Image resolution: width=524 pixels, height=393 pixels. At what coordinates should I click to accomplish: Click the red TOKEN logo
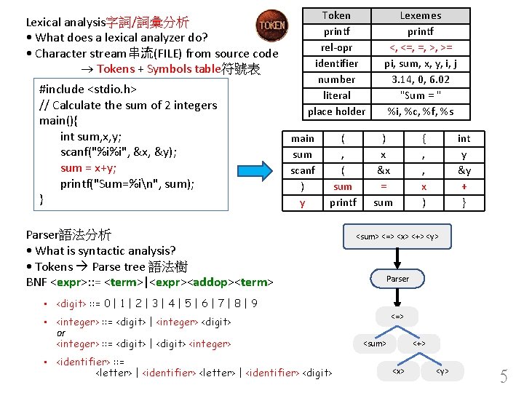pos(273,25)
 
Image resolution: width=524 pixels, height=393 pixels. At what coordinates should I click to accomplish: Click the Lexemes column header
pos(421,15)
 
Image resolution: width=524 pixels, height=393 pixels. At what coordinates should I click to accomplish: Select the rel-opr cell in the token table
pos(336,47)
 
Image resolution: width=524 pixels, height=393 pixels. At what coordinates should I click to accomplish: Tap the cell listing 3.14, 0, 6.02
pos(421,79)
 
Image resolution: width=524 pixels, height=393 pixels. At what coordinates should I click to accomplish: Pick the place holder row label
pos(336,111)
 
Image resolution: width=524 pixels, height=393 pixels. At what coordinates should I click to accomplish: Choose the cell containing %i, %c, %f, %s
pos(421,111)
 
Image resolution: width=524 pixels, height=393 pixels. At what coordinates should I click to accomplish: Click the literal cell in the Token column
pos(336,95)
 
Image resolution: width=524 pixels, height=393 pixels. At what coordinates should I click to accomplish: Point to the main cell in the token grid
pos(303,138)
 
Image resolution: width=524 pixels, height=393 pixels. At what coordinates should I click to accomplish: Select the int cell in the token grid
pos(464,138)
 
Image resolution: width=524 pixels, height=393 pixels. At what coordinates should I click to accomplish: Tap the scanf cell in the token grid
pos(303,170)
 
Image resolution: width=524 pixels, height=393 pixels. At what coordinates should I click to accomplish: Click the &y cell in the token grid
pos(464,170)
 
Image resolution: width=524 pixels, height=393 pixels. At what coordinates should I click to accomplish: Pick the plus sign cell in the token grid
pos(464,186)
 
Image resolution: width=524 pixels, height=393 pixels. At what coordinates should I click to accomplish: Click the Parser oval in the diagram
pos(397,279)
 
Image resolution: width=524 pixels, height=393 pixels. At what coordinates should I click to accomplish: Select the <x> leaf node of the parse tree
pos(398,371)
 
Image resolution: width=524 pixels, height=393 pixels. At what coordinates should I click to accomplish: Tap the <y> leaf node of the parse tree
pos(442,371)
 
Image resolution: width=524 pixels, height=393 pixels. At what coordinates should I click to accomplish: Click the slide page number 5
pos(504,376)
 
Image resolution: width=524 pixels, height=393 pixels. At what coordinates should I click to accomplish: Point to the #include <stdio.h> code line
pos(88,90)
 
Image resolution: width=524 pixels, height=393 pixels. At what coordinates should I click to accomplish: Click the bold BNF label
pos(36,282)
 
